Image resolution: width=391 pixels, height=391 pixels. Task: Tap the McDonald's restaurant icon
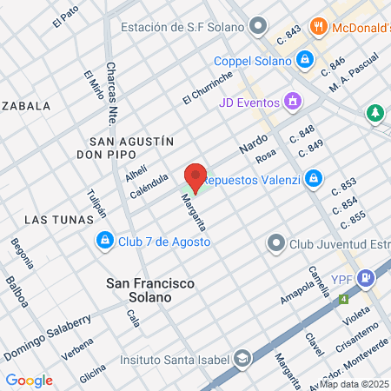[x=320, y=27]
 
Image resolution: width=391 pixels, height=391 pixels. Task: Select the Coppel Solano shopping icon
[x=304, y=61]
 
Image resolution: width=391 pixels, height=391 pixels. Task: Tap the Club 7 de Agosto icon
[x=104, y=239]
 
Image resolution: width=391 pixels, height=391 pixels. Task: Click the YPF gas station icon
[x=367, y=279]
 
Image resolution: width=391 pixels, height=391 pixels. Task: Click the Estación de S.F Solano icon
[x=257, y=27]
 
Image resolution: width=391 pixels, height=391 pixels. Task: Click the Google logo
[x=30, y=380]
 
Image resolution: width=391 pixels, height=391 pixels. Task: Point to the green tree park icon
[x=374, y=113]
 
